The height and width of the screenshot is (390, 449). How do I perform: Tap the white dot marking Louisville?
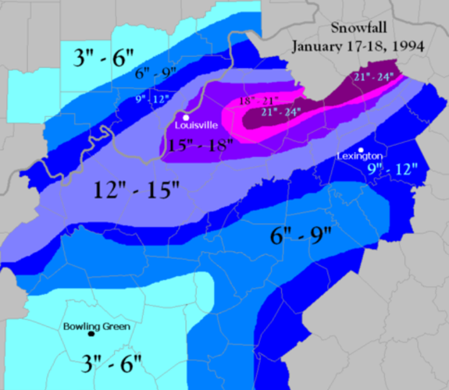[x=186, y=117]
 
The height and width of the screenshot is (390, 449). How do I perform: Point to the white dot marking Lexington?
[x=361, y=150]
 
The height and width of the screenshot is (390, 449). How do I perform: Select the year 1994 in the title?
[x=407, y=46]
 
